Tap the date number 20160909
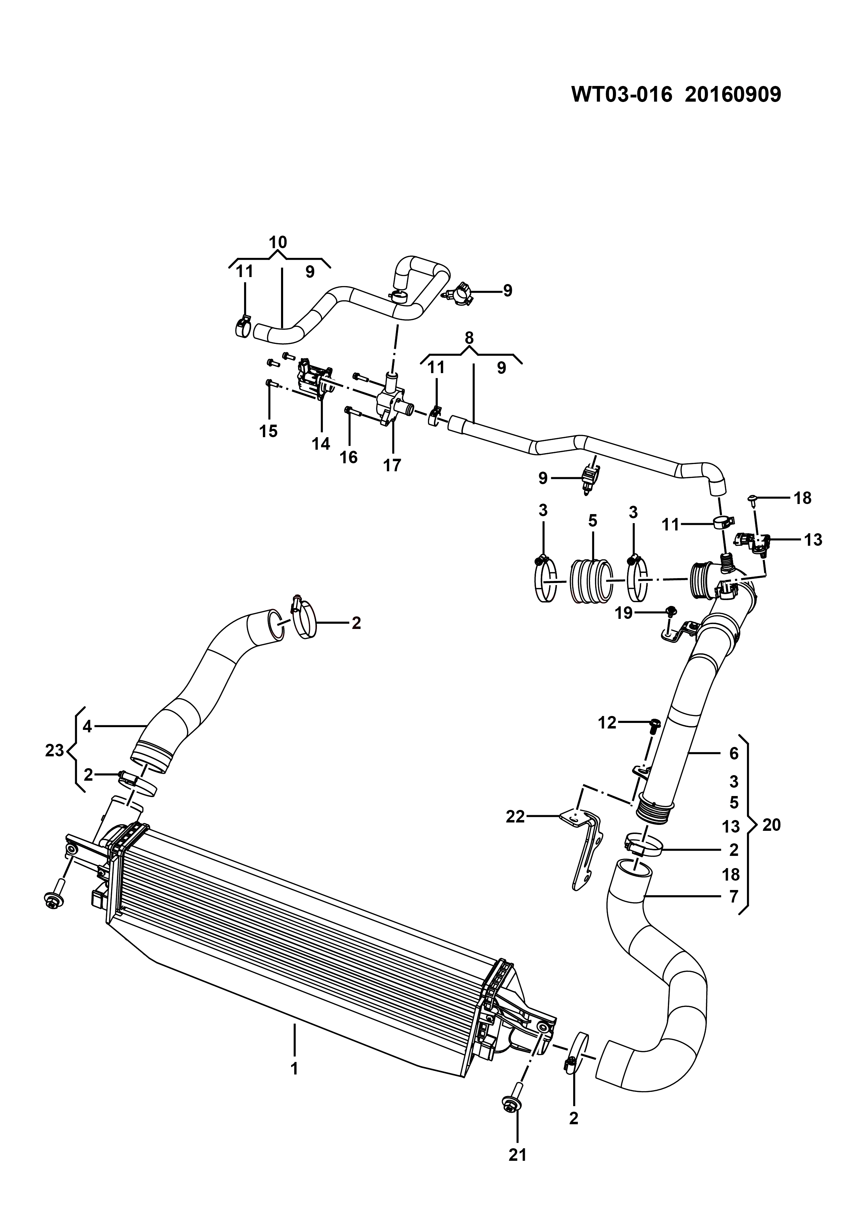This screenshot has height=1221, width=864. point(733,95)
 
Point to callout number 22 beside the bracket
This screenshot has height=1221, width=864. point(515,816)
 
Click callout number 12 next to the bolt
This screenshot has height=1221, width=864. point(607,723)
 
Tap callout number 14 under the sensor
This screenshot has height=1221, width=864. point(321,443)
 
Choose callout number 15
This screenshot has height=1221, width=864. point(268,431)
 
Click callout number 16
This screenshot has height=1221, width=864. point(349,457)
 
